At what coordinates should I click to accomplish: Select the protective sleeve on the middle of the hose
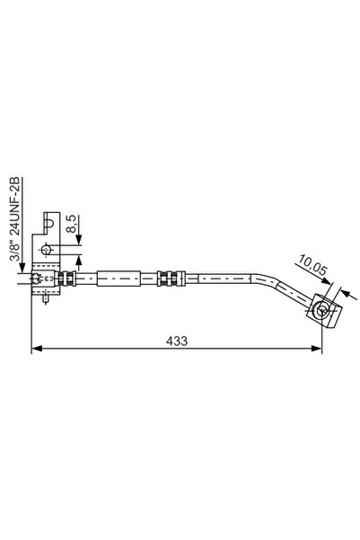[119, 279]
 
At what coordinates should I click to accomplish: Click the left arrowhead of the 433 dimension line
[36, 349]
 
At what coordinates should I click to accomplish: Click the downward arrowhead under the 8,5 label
[80, 239]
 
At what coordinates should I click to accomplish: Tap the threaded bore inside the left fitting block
[36, 279]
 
